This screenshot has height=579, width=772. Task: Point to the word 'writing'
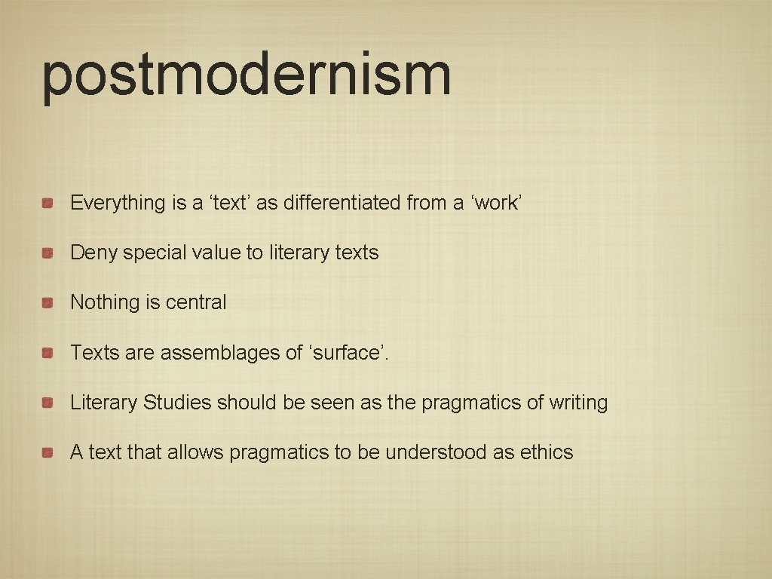(578, 403)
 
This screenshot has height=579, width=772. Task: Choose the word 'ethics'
(547, 452)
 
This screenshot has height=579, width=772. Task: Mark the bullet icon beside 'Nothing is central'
(47, 303)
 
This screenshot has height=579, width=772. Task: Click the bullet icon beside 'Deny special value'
(47, 253)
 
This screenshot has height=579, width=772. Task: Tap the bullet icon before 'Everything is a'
(47, 204)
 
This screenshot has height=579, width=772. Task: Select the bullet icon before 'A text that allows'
(47, 453)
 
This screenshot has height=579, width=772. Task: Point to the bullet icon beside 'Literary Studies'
(47, 403)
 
